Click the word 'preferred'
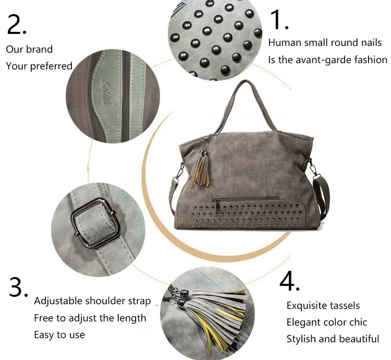point(51,66)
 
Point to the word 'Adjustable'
point(58,301)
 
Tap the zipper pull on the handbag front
point(218,206)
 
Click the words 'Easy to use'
point(59,335)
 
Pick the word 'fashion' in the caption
point(374,60)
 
